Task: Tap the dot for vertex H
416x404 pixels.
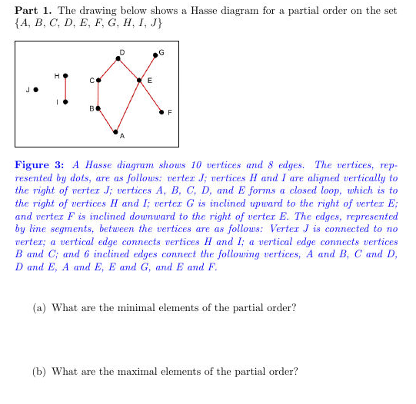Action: coord(65,75)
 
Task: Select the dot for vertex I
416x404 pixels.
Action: coord(65,101)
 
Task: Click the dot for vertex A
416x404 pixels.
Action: coord(116,133)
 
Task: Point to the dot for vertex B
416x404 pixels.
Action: coord(98,108)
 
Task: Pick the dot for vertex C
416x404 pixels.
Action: coord(98,79)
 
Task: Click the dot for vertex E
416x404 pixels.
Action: coord(139,80)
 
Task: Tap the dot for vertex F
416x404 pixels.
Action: coord(161,111)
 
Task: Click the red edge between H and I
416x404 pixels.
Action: coord(65,88)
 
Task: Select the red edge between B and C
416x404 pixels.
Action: coord(98,94)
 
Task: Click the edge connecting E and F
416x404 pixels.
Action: coord(151,96)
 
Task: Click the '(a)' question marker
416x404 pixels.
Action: coord(38,308)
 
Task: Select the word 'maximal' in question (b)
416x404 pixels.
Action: coord(145,372)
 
